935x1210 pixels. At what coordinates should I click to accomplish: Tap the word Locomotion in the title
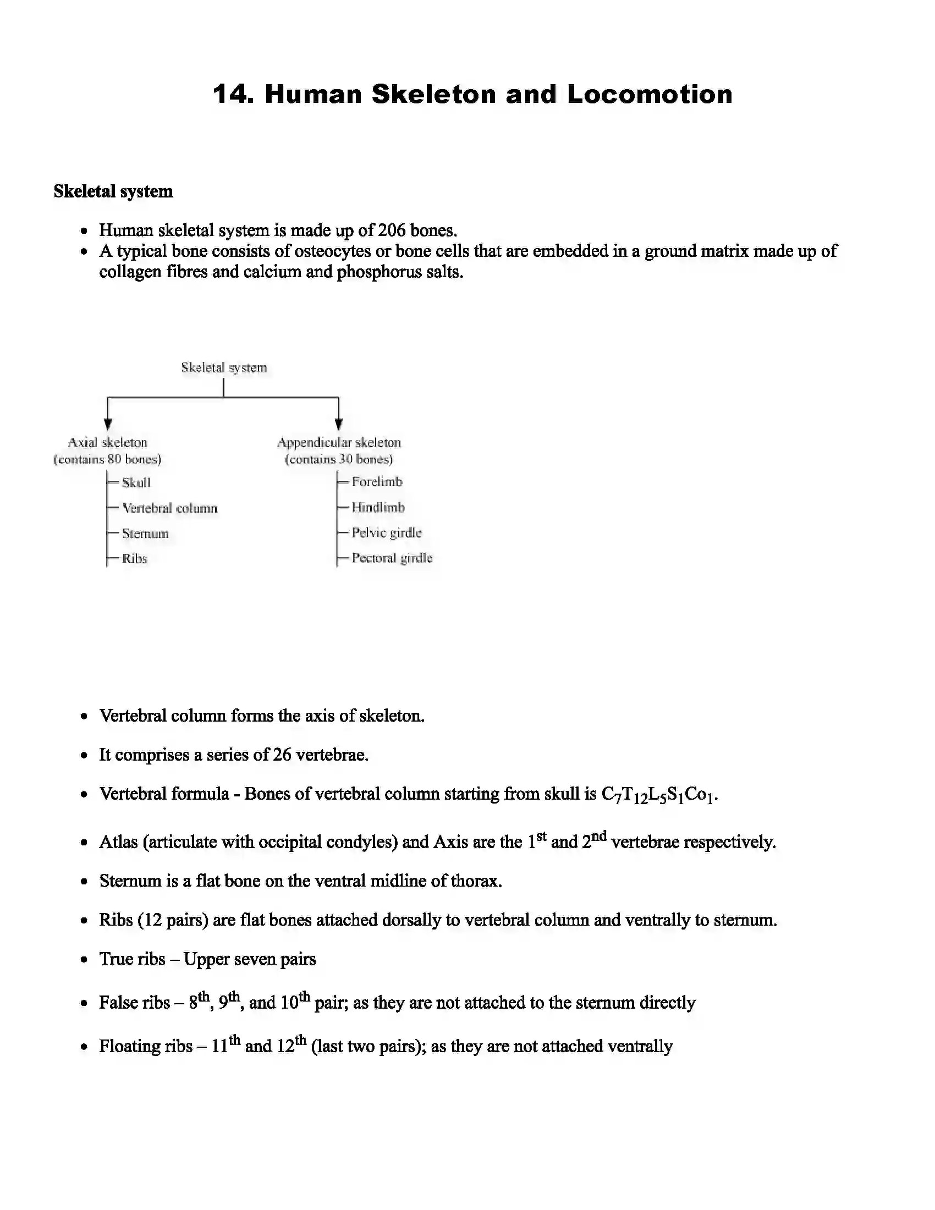click(x=649, y=95)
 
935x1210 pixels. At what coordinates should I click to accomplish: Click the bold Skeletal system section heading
click(x=113, y=192)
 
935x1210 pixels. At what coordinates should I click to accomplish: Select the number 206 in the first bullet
click(x=392, y=230)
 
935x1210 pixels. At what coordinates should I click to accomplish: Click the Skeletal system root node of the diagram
click(x=224, y=368)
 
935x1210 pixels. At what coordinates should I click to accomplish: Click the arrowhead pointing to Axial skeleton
click(x=108, y=425)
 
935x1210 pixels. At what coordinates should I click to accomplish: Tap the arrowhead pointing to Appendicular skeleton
click(x=338, y=425)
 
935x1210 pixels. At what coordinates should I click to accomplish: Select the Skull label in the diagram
click(x=136, y=483)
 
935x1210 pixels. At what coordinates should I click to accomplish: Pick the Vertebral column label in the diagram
click(x=169, y=509)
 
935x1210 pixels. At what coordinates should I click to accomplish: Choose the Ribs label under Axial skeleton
click(x=135, y=559)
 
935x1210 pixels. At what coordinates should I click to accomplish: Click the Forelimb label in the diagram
click(x=377, y=482)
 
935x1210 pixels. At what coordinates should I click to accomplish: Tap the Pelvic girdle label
click(x=387, y=533)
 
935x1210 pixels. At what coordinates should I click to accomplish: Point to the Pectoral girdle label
click(x=392, y=558)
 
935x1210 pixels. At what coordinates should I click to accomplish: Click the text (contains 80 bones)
click(x=107, y=459)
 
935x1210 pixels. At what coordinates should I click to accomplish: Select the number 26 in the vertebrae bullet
click(x=282, y=755)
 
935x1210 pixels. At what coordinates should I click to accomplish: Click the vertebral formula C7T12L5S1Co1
click(x=658, y=795)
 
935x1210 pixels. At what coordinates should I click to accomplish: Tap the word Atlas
click(x=119, y=843)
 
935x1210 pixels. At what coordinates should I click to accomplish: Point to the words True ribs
click(x=133, y=959)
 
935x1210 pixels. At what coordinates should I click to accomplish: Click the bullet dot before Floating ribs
click(x=84, y=1047)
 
